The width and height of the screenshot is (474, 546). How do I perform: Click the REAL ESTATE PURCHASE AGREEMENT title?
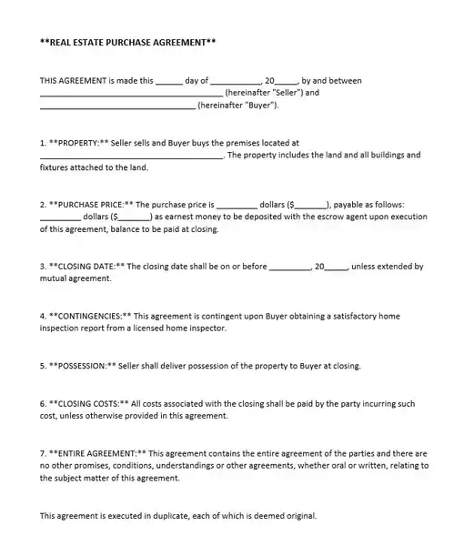tap(128, 42)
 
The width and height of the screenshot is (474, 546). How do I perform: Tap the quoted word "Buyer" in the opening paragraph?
tap(257, 105)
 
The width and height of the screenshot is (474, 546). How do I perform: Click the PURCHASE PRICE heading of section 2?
tap(91, 205)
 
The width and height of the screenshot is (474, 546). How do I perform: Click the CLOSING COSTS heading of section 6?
tap(89, 403)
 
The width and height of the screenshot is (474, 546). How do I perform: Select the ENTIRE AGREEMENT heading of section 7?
tap(96, 453)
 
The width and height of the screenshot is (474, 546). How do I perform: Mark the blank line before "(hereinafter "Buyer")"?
tap(117, 105)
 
